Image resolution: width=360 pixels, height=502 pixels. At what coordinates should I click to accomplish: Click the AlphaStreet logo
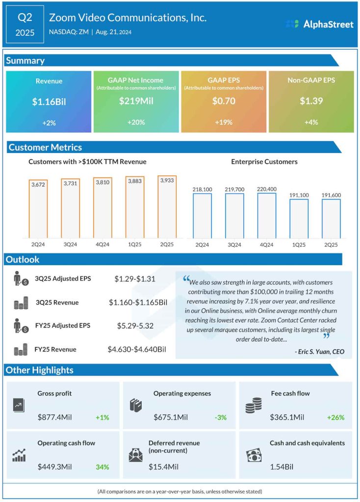(x=319, y=24)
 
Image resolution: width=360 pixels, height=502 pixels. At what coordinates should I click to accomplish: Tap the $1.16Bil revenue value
(x=49, y=101)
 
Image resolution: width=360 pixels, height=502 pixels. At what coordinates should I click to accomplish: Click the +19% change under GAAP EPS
(x=223, y=122)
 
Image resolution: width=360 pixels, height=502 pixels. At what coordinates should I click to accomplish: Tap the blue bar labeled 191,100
(x=299, y=219)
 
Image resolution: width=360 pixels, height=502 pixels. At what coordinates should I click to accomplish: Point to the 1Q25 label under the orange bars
(x=134, y=244)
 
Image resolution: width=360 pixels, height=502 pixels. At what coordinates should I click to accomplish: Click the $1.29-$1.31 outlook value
(x=134, y=279)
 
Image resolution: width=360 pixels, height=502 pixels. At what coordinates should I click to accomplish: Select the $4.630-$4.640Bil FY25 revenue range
(x=137, y=350)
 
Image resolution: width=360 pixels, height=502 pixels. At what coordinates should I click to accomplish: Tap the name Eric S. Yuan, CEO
(x=319, y=351)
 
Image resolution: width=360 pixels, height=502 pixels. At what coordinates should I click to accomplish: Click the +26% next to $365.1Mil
(x=335, y=418)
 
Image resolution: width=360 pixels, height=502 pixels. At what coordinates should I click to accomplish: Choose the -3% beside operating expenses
(x=220, y=418)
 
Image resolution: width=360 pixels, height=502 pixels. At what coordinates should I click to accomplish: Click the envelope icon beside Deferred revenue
(x=135, y=455)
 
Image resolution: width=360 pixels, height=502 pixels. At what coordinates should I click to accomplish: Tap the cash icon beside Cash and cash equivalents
(x=253, y=455)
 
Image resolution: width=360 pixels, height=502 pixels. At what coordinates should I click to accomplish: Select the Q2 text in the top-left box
(x=25, y=18)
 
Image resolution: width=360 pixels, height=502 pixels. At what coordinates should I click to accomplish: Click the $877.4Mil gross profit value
(x=54, y=418)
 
